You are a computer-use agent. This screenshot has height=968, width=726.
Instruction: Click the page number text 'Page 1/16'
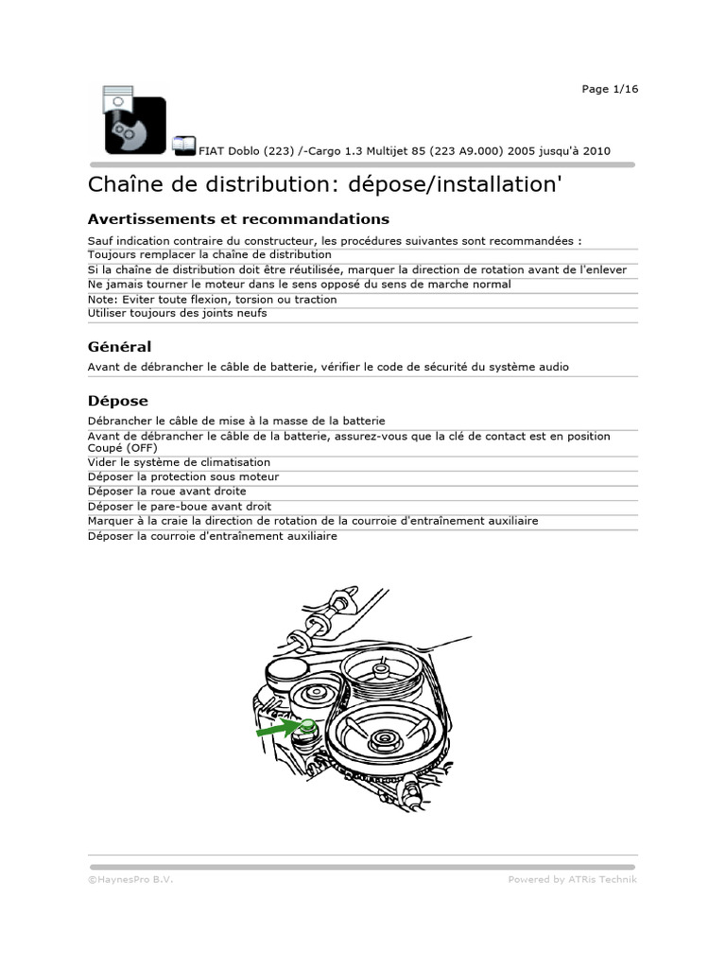(610, 89)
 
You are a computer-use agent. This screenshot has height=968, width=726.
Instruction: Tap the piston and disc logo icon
(128, 121)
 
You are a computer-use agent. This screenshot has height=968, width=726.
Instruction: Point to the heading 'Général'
(119, 347)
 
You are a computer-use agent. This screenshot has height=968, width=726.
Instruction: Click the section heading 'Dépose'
(117, 401)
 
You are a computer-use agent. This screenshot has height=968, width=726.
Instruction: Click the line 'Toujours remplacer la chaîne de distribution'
(210, 254)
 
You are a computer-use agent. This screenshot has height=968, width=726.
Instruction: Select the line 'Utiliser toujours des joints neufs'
(177, 313)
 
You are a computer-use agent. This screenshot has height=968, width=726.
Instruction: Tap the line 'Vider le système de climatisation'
(179, 462)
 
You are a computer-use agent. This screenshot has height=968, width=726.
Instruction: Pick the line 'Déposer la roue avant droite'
(166, 492)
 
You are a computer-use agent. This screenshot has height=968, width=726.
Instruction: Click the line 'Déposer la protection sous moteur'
(183, 477)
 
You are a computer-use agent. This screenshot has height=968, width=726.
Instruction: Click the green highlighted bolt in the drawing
(306, 725)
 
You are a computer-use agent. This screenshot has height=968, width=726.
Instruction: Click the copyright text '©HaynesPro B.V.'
(130, 879)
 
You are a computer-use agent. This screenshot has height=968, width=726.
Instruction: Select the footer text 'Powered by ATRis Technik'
(572, 879)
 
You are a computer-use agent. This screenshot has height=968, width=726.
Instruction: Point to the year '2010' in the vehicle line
(596, 150)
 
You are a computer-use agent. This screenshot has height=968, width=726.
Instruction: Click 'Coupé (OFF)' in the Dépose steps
(123, 448)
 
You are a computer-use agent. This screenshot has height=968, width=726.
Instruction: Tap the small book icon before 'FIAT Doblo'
(183, 145)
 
